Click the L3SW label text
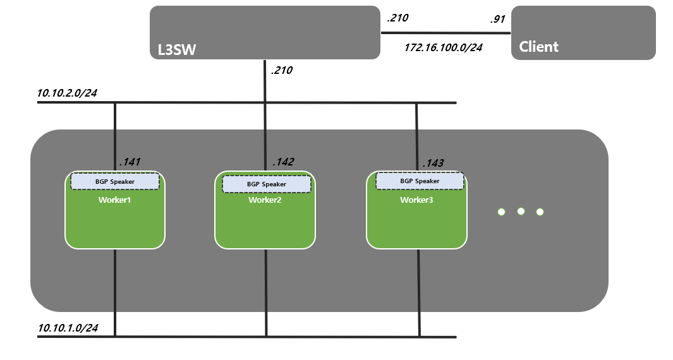coord(177,49)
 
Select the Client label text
coord(538,47)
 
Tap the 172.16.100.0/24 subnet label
coord(443,47)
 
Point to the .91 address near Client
coord(497,19)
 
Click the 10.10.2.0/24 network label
coord(67,93)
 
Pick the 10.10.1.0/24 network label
coord(68,328)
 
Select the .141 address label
coord(130,162)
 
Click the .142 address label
coord(283,162)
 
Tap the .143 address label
coord(433,163)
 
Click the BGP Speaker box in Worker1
coord(115,181)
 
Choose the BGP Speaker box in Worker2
coord(266,184)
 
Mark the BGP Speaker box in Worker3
coord(420,181)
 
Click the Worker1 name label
coord(114,200)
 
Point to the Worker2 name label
coord(265,201)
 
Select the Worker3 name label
coord(416,200)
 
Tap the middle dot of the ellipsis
coord(521,212)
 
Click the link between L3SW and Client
coord(446,33)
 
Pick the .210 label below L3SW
coord(281,71)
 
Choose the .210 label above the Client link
coord(397,18)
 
